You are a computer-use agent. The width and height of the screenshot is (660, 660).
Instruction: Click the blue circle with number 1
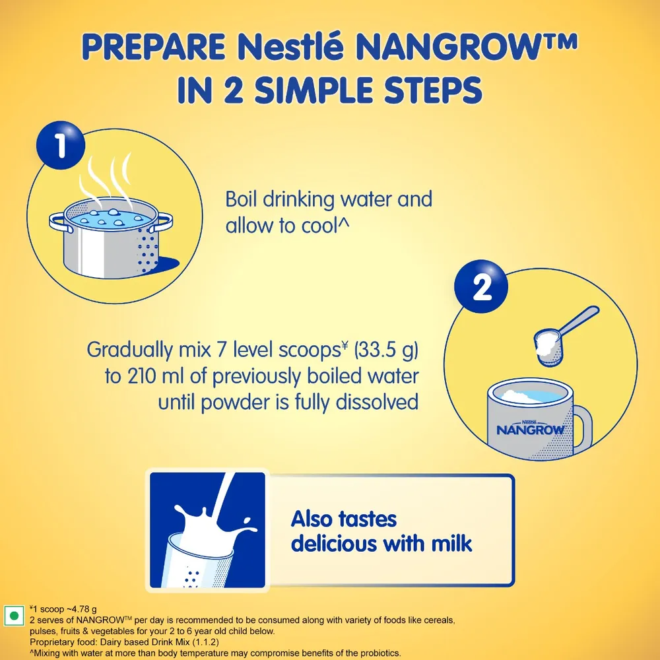(x=61, y=146)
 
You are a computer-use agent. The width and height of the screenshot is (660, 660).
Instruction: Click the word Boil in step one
(x=244, y=199)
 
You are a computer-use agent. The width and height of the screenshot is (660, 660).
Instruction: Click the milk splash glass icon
(x=207, y=529)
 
